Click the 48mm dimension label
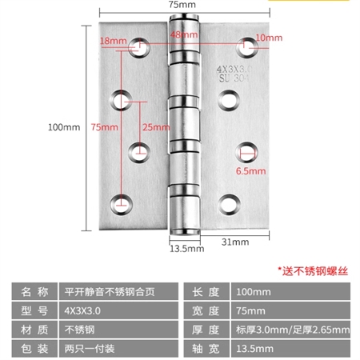coord(184,34)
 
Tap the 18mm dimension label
coord(114,41)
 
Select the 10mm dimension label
coord(269,38)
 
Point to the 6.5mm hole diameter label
coord(250,171)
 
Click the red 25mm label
coord(156,127)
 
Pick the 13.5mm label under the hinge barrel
coord(187,249)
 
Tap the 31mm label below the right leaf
coord(235,242)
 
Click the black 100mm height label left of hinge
coord(64,127)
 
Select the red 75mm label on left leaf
coord(104,127)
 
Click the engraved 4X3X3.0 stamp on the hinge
coord(234,70)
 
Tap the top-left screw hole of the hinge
coord(139,48)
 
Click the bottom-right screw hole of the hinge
coord(229,205)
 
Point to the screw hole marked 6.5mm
coord(246,153)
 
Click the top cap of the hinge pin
coord(184,18)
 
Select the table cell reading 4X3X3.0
coord(118,310)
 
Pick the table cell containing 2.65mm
coord(290,330)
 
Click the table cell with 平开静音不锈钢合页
coord(118,291)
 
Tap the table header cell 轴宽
coord(206,349)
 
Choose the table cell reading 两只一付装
coord(118,349)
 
